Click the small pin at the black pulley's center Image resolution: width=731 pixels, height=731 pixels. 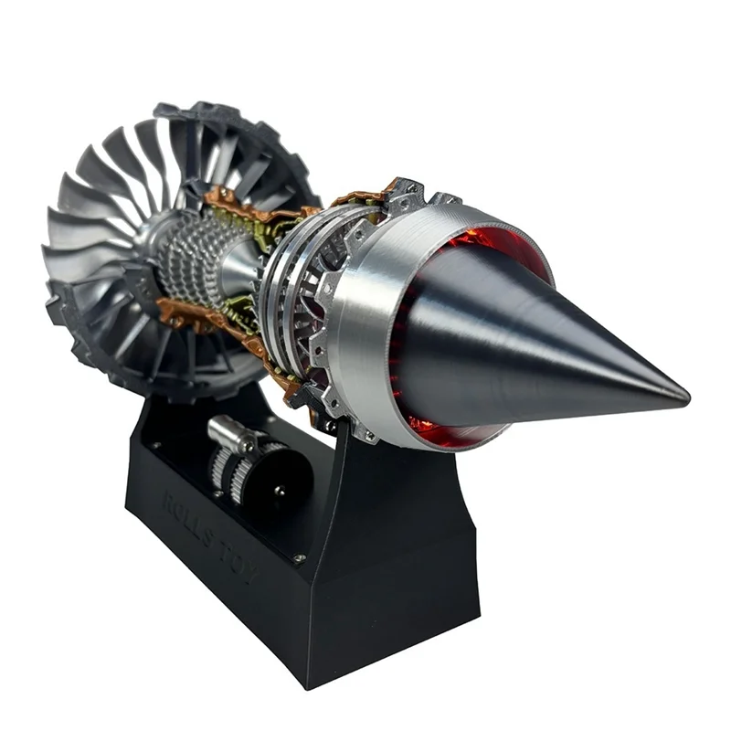pos(278,491)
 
